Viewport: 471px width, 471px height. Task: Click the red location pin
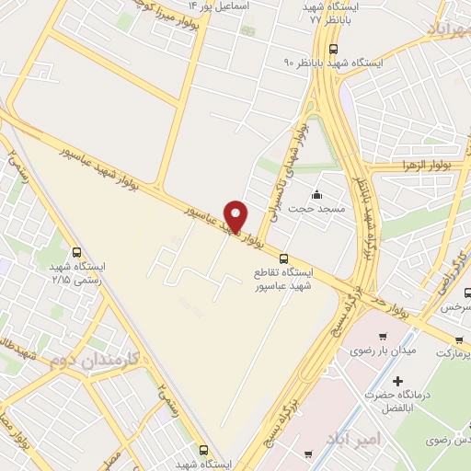[x=236, y=216]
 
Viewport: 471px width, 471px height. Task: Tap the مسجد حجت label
[x=316, y=209]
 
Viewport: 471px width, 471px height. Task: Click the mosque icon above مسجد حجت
[x=317, y=194]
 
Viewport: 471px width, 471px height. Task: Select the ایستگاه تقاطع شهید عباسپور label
[x=283, y=280]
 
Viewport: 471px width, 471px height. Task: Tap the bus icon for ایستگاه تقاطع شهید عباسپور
[x=283, y=258]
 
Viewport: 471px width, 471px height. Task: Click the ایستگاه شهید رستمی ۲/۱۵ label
[x=77, y=271]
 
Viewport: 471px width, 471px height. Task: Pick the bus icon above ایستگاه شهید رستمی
[x=77, y=251]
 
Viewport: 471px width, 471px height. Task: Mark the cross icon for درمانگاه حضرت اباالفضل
[x=397, y=381]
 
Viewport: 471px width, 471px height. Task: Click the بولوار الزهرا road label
[x=417, y=165]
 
